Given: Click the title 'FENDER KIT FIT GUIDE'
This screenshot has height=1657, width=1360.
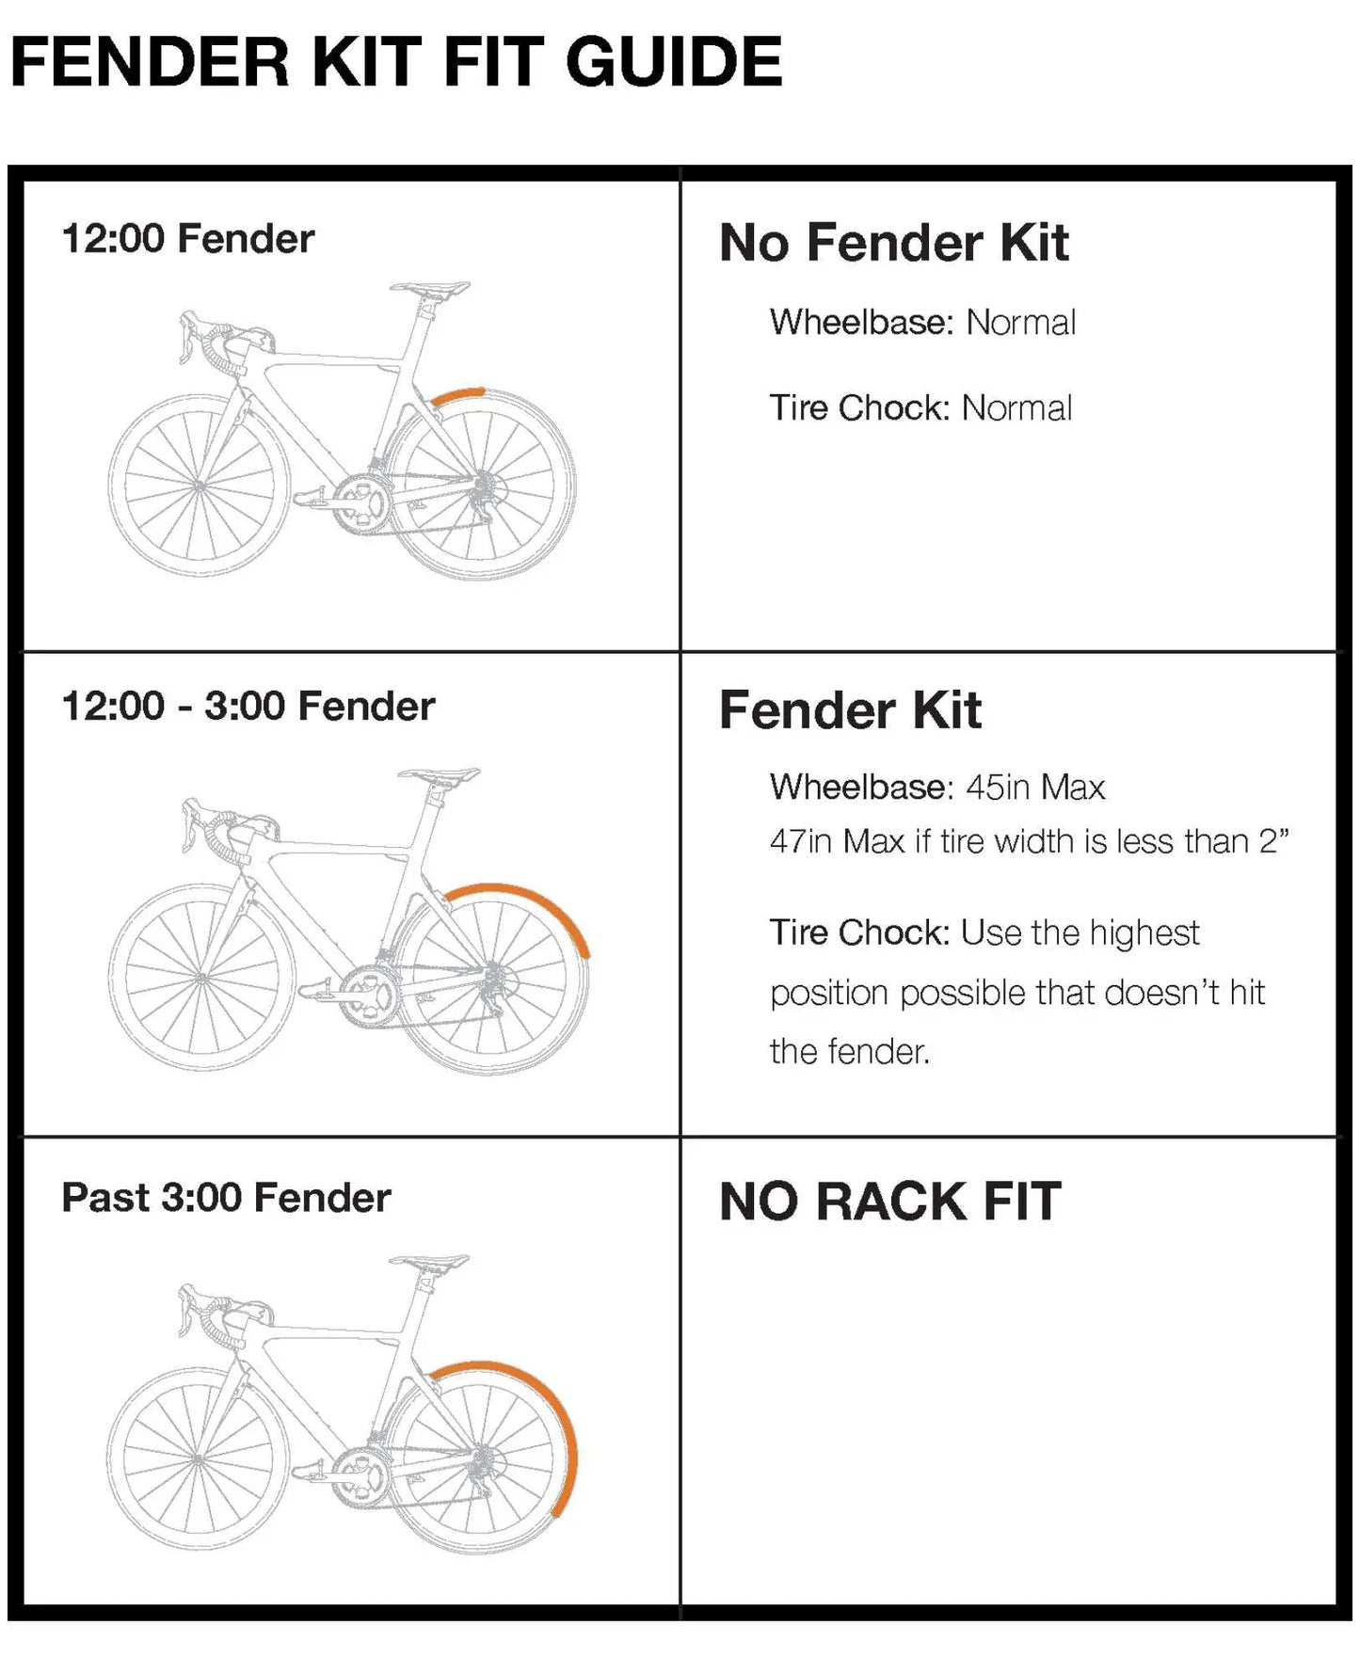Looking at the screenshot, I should pos(395,62).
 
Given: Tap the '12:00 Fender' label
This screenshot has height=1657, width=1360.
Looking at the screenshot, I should pos(187,239).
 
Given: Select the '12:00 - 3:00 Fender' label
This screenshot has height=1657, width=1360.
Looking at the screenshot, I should pos(248,706).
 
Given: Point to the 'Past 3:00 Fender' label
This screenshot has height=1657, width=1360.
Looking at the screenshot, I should pos(226,1198).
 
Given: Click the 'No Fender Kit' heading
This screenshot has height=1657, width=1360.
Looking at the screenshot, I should pos(893,243).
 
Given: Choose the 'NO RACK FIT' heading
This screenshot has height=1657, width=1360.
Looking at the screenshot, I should pos(889,1202).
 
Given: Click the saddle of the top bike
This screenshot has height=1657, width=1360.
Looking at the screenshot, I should pos(429,287).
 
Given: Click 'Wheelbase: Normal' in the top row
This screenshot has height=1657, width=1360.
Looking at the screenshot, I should pos(922,323).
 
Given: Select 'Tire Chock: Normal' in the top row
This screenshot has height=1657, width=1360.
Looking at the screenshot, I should pos(920,408).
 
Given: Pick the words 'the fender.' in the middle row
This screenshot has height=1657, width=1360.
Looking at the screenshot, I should pos(849,1051).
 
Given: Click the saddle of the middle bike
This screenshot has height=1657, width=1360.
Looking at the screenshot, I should pos(438,776).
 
